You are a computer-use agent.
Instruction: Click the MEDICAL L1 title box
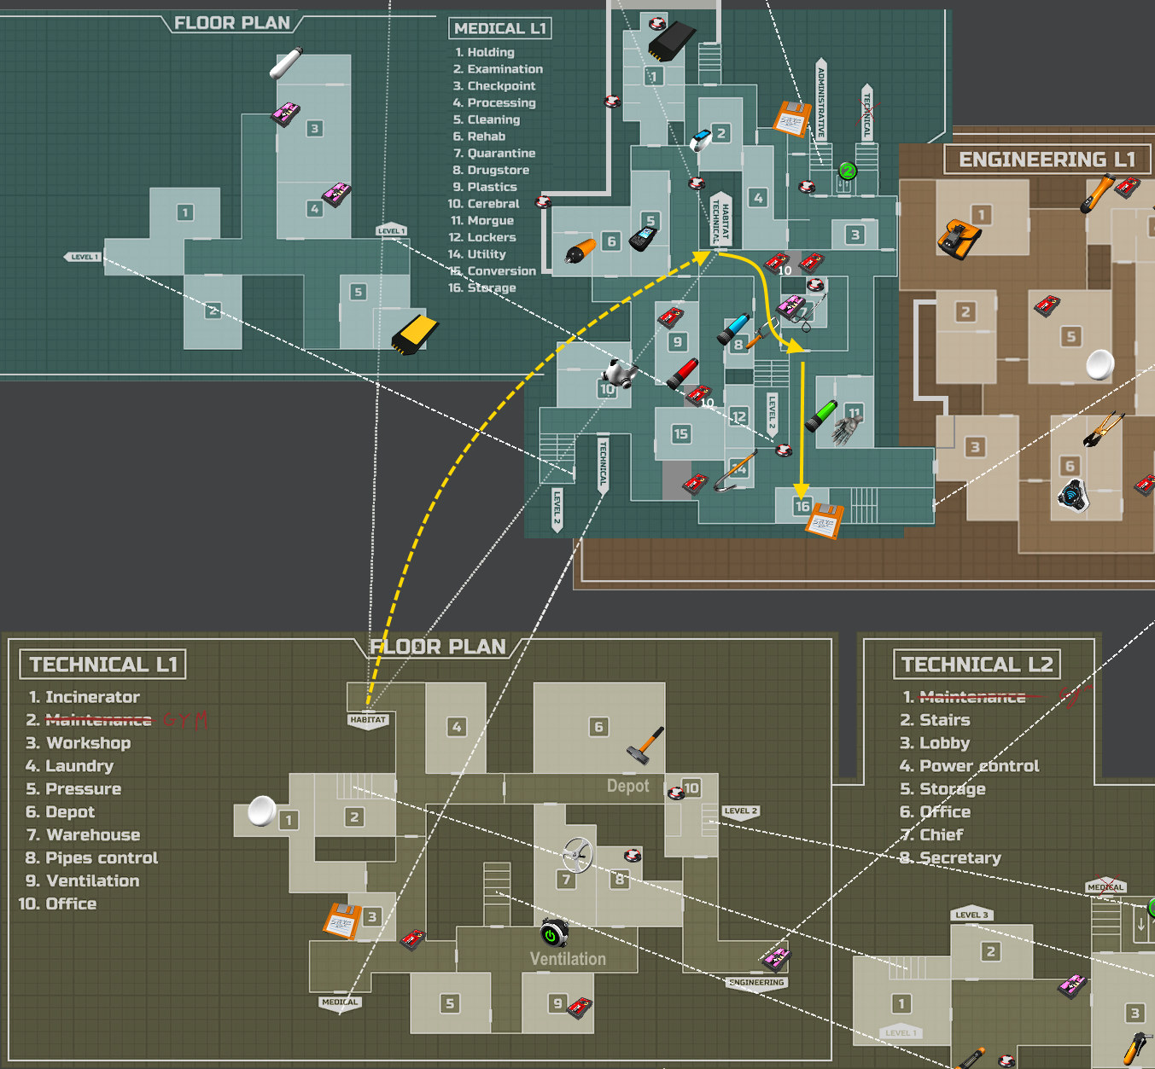point(499,28)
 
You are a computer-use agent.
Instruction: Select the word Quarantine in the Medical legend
point(501,154)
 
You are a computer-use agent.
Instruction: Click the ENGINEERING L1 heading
point(1047,160)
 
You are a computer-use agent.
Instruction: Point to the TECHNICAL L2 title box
point(977,665)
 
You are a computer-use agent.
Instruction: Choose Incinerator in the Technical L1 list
point(92,697)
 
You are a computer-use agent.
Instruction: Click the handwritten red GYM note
point(185,719)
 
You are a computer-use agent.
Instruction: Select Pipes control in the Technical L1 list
point(102,858)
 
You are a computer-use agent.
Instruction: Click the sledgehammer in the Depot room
point(645,744)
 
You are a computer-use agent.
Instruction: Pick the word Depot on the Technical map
point(627,786)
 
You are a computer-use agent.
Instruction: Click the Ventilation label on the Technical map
point(568,959)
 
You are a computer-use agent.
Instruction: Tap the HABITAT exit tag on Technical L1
point(368,719)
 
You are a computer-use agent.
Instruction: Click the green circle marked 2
point(847,171)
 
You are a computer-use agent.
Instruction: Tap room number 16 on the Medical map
point(802,506)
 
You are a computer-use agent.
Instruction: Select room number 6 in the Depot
point(598,727)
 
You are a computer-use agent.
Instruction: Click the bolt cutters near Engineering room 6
point(1103,429)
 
